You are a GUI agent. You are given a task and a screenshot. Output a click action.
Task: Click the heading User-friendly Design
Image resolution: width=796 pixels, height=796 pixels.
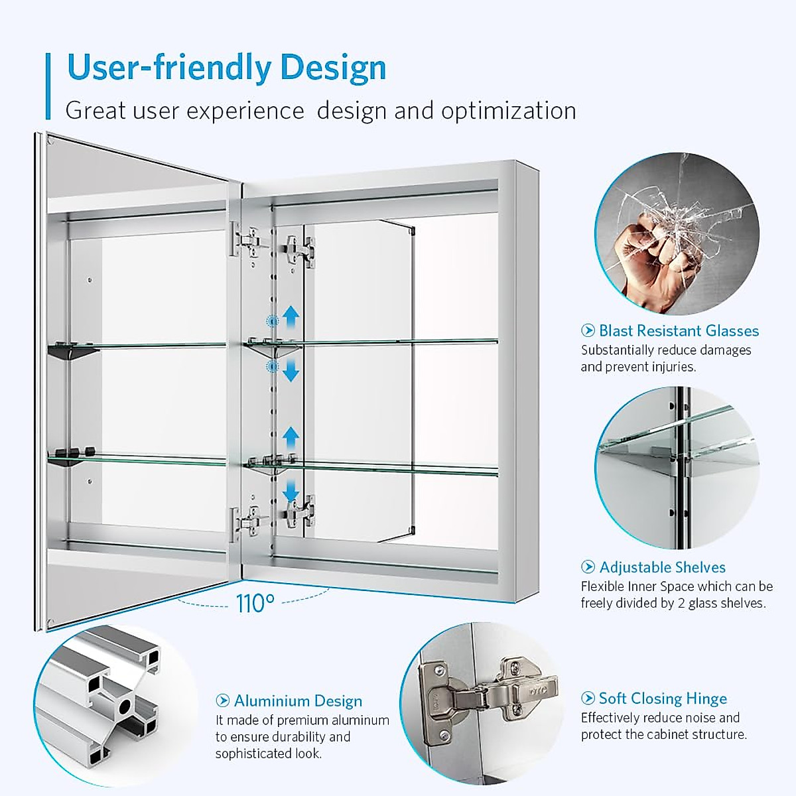click(226, 68)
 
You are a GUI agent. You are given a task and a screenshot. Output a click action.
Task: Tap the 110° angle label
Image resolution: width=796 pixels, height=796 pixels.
click(255, 604)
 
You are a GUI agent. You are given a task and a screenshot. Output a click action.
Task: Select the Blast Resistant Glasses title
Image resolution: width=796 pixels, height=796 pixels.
click(679, 330)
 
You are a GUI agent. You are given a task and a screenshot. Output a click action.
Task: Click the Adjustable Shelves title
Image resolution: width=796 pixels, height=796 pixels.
click(662, 567)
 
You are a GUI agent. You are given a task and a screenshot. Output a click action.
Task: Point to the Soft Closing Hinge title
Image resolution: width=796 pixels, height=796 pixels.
click(663, 698)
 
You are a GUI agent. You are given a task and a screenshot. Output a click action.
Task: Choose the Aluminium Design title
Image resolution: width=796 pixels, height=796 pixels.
click(298, 701)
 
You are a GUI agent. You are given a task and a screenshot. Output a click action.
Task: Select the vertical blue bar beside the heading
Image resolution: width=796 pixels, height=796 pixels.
click(48, 86)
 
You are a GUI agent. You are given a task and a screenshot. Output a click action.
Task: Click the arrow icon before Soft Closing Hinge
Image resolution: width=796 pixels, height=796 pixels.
click(588, 698)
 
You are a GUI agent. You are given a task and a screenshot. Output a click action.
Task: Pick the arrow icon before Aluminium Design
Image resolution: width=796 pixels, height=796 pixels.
click(223, 701)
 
